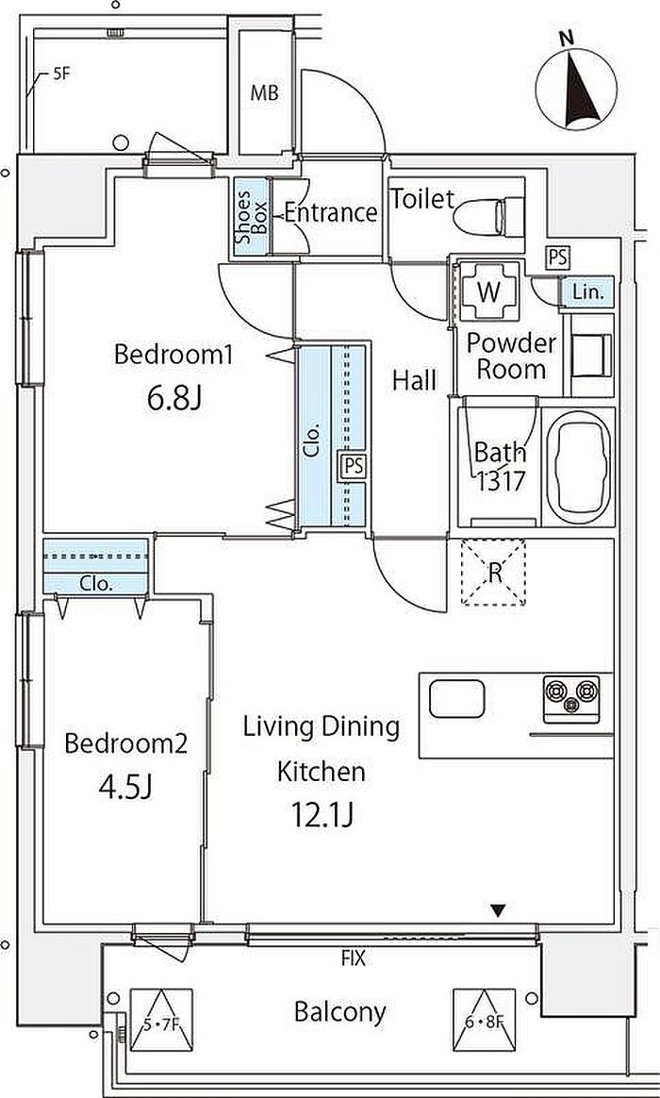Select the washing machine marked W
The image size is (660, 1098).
(x=488, y=292)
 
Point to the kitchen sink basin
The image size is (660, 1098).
(x=457, y=700)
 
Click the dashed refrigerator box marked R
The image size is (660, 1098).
(x=493, y=572)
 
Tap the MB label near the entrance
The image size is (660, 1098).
(x=264, y=92)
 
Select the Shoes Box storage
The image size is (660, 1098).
(x=251, y=217)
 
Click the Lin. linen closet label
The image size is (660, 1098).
(x=588, y=292)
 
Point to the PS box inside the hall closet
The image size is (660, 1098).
(x=355, y=466)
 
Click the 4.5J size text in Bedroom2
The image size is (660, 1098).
(x=125, y=788)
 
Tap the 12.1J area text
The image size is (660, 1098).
(x=322, y=814)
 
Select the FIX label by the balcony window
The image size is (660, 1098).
(x=354, y=958)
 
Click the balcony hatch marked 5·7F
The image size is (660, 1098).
(x=161, y=1020)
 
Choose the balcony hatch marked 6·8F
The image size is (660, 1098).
(x=485, y=1020)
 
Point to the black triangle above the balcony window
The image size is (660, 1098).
(x=498, y=910)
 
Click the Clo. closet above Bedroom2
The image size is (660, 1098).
(x=96, y=567)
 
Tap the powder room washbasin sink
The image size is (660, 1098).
(x=588, y=355)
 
